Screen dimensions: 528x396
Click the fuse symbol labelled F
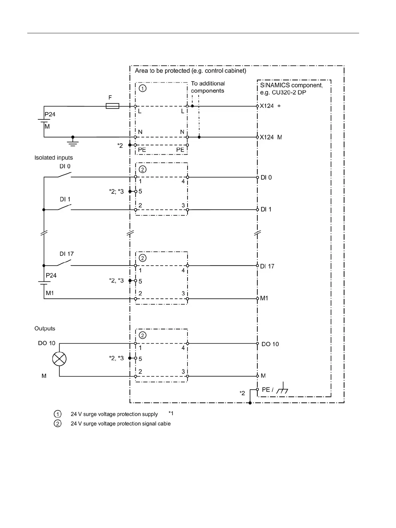(112, 106)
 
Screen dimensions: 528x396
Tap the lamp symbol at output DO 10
(60, 359)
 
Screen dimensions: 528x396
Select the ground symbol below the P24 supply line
(73, 142)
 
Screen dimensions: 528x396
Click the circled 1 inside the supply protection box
(143, 88)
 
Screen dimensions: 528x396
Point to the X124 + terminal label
(270, 106)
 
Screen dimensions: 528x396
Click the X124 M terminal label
(270, 137)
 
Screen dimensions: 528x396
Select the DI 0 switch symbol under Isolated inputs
(65, 175)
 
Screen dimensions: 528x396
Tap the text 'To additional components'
(208, 87)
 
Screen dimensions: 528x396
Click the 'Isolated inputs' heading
(54, 158)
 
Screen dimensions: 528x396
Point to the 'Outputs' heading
(45, 328)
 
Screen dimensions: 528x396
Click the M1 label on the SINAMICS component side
(264, 298)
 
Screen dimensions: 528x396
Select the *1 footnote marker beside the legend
(171, 413)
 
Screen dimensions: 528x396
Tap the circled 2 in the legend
(58, 424)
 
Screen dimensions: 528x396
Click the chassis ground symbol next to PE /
(283, 389)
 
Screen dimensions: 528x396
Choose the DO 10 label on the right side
(270, 344)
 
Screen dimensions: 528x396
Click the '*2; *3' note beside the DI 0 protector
(116, 191)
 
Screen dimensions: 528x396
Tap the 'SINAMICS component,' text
(291, 85)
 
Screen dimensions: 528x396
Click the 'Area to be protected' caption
(191, 71)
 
